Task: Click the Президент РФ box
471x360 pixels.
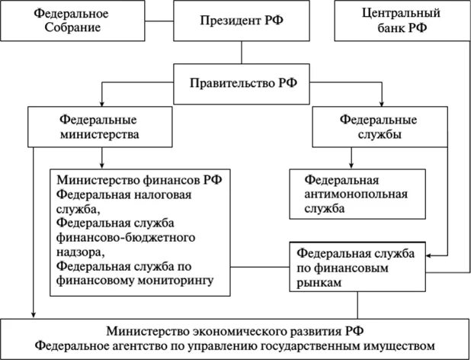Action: click(x=242, y=21)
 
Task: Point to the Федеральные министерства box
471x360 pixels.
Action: click(x=101, y=127)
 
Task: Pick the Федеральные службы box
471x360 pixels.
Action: click(x=380, y=127)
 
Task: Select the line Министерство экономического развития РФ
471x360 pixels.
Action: click(x=236, y=331)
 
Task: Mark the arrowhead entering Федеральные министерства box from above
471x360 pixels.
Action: click(x=101, y=104)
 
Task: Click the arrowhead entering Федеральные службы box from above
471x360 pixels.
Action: click(x=380, y=104)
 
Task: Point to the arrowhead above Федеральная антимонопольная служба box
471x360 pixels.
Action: click(x=351, y=166)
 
